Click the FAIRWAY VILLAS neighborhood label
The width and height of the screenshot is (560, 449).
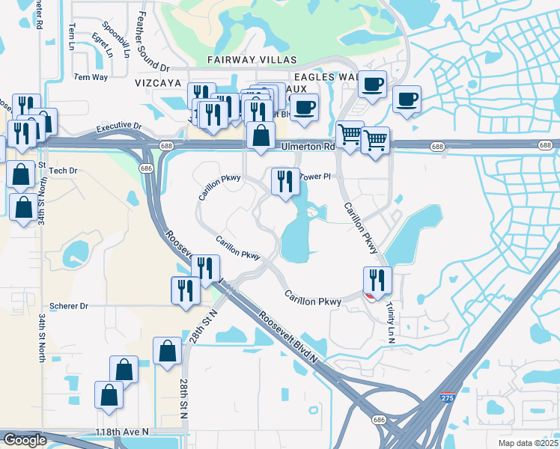[x=254, y=60]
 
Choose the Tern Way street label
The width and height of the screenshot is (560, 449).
[x=91, y=77]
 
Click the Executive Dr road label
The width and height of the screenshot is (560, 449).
[x=118, y=129]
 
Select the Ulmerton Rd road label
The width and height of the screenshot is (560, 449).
[x=308, y=147]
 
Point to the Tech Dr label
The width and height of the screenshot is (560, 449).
[x=63, y=171]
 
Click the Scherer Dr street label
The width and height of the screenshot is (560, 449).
[x=69, y=306]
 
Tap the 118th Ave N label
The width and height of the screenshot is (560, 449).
[x=122, y=433]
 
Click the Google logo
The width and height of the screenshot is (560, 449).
[x=25, y=440]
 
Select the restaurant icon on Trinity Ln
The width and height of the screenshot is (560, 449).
[x=377, y=280]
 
